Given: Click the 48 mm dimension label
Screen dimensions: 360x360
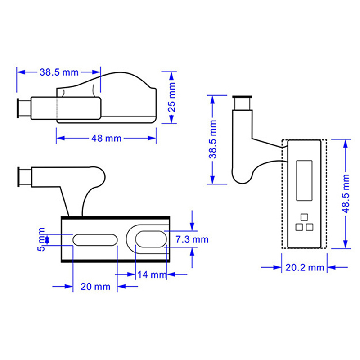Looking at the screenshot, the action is coord(106,139).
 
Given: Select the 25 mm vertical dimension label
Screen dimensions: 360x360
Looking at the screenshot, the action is coord(172,97).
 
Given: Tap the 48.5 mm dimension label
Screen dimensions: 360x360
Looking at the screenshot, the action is coord(346,193).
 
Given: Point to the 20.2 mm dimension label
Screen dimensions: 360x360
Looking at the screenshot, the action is coord(305,267).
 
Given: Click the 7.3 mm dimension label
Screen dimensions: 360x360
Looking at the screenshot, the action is coord(192,239).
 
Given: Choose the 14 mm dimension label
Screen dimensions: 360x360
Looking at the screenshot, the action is coord(152,274).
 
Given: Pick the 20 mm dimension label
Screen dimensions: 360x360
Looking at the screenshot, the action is coord(95,287).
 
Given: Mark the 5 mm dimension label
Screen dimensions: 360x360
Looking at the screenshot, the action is coord(41,239).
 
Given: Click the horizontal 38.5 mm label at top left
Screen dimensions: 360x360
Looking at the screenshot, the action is coord(59,72).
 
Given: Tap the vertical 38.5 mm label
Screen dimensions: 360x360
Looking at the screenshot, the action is coord(212,139).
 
